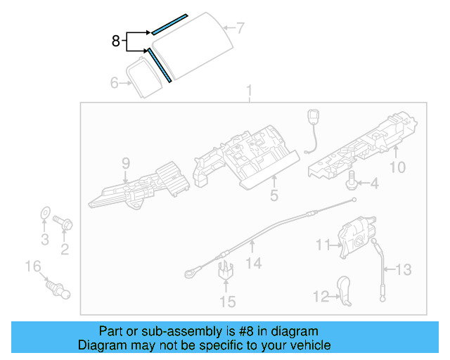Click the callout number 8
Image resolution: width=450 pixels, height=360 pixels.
point(116,41)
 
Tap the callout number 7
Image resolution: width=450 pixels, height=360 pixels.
point(240,29)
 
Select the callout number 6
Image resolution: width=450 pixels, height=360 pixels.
point(115,83)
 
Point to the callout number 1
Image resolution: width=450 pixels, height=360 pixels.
point(247,91)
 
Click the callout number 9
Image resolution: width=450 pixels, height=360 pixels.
point(126,164)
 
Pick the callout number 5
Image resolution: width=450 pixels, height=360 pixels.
point(275,195)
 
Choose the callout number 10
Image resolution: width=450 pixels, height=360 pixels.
point(398,167)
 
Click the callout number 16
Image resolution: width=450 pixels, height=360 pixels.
point(33,266)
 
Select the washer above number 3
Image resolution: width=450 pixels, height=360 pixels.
point(44,212)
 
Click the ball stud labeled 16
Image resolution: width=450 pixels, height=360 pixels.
point(57,286)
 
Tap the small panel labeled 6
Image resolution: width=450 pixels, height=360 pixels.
point(146,77)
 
